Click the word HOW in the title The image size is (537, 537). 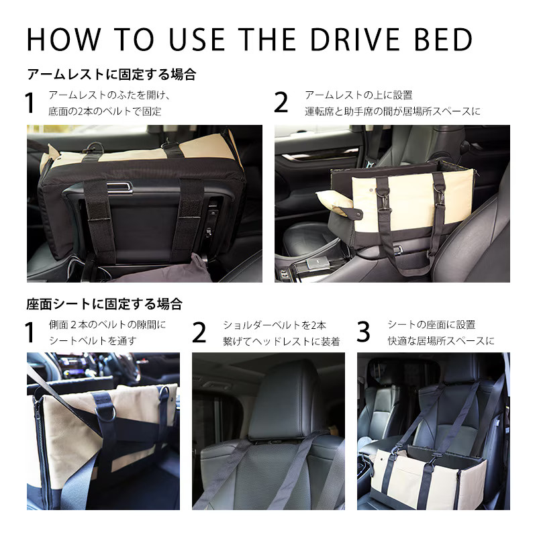[x=64, y=40]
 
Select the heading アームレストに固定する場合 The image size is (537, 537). [x=111, y=75]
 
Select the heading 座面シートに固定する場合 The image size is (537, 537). [x=105, y=304]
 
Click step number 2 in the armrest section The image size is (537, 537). [x=281, y=103]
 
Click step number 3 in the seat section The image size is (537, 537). [x=363, y=332]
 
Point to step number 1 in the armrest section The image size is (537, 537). [x=30, y=103]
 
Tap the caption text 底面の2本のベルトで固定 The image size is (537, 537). [x=105, y=111]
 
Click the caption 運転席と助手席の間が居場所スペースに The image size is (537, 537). [x=393, y=111]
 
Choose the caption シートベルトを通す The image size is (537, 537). [x=93, y=341]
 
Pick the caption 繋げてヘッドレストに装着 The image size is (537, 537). [x=281, y=342]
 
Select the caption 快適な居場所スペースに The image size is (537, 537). [x=441, y=341]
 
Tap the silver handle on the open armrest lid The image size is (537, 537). [x=119, y=187]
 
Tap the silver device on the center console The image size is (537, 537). [x=318, y=263]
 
